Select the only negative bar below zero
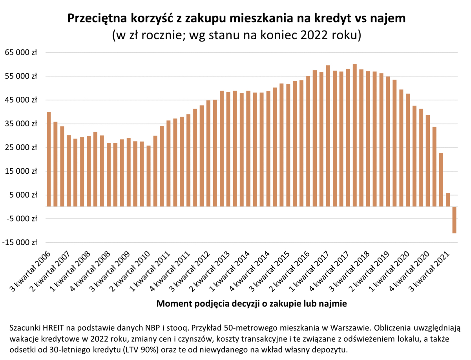pyautogui.click(x=454, y=220)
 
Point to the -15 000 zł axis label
pyautogui.click(x=19, y=242)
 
